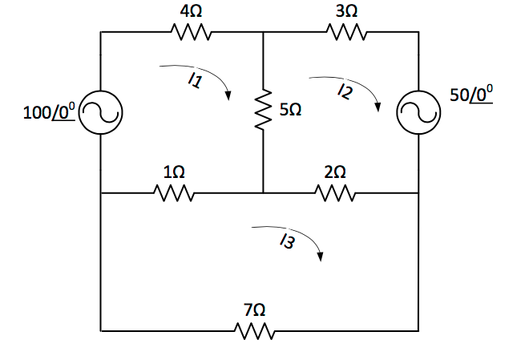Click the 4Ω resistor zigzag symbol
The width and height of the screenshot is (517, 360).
coord(190,33)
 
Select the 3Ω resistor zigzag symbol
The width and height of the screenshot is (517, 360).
coord(346,33)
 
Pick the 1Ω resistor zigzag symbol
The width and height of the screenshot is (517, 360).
coord(174,193)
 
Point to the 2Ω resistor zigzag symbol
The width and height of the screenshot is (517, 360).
coord(335,193)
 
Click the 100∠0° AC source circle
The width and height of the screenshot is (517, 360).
coord(100,113)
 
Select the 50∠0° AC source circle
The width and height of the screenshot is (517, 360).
coord(418,113)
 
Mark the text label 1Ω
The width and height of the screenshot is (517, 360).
coord(173,172)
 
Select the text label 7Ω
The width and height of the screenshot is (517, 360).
coord(255,309)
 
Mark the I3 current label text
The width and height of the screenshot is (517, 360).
coord(286,243)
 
